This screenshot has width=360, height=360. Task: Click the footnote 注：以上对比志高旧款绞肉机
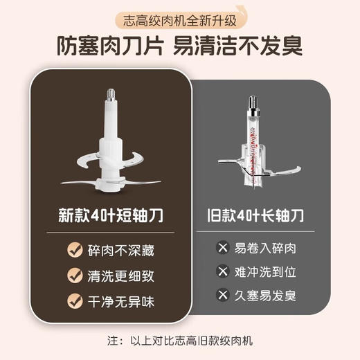pyautogui.click(x=179, y=342)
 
